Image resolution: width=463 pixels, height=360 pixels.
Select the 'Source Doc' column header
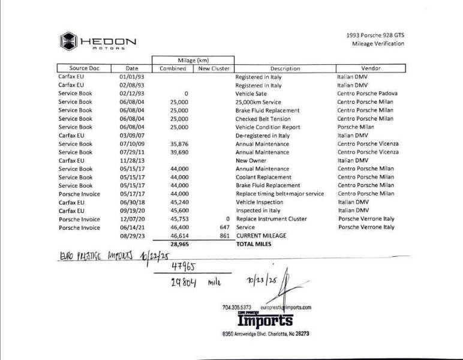pos(80,68)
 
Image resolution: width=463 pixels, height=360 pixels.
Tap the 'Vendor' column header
pos(371,68)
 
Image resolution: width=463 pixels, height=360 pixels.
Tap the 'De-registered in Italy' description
pos(262,136)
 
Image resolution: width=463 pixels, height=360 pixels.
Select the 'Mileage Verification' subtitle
pos(377,43)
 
